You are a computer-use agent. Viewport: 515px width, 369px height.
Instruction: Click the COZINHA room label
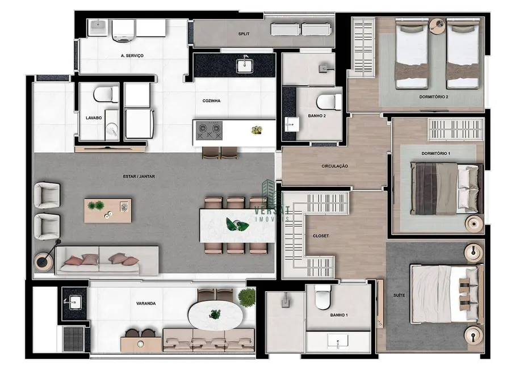pyautogui.click(x=211, y=101)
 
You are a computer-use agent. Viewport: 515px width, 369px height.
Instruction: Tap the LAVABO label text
pyautogui.click(x=94, y=118)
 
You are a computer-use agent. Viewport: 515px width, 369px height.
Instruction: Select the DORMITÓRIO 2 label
pyautogui.click(x=434, y=97)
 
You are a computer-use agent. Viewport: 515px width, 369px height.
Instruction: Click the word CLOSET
pyautogui.click(x=321, y=236)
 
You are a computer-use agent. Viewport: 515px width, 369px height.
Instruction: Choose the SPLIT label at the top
pyautogui.click(x=245, y=34)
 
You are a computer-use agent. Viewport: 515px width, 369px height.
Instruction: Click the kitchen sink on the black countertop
pyautogui.click(x=247, y=65)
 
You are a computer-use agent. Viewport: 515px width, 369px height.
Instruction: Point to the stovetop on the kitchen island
pyautogui.click(x=208, y=131)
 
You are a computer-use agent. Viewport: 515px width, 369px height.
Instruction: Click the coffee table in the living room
pyautogui.click(x=108, y=210)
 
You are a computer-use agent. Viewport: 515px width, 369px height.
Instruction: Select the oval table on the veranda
pyautogui.click(x=215, y=314)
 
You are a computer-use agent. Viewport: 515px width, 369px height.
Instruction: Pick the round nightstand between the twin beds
pyautogui.click(x=437, y=25)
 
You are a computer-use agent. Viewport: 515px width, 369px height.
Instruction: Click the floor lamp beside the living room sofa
pyautogui.click(x=45, y=261)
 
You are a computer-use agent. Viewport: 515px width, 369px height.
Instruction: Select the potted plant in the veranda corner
pyautogui.click(x=247, y=296)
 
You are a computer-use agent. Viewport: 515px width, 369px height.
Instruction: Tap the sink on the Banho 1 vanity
pyautogui.click(x=338, y=342)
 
